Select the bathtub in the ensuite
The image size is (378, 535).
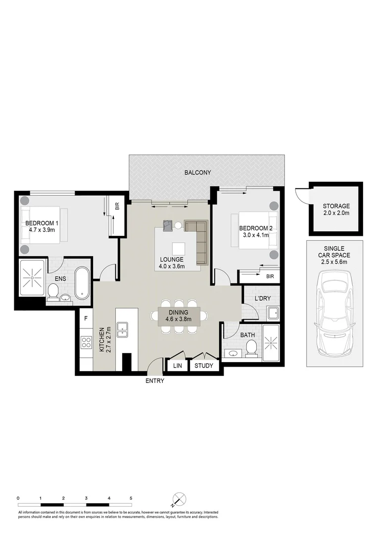[83, 283]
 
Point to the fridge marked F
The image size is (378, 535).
[86, 319]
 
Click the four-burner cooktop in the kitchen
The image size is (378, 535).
[86, 342]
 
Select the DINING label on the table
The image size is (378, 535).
[179, 313]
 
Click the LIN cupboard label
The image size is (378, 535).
[177, 366]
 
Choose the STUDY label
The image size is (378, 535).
[203, 366]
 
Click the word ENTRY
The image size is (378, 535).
[155, 381]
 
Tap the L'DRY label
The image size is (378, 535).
[262, 299]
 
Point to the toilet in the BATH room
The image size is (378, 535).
[251, 347]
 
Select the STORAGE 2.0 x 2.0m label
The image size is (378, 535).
[336, 210]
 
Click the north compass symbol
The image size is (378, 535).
[179, 498]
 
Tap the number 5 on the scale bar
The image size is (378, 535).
[131, 498]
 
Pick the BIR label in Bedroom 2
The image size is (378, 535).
[270, 276]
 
